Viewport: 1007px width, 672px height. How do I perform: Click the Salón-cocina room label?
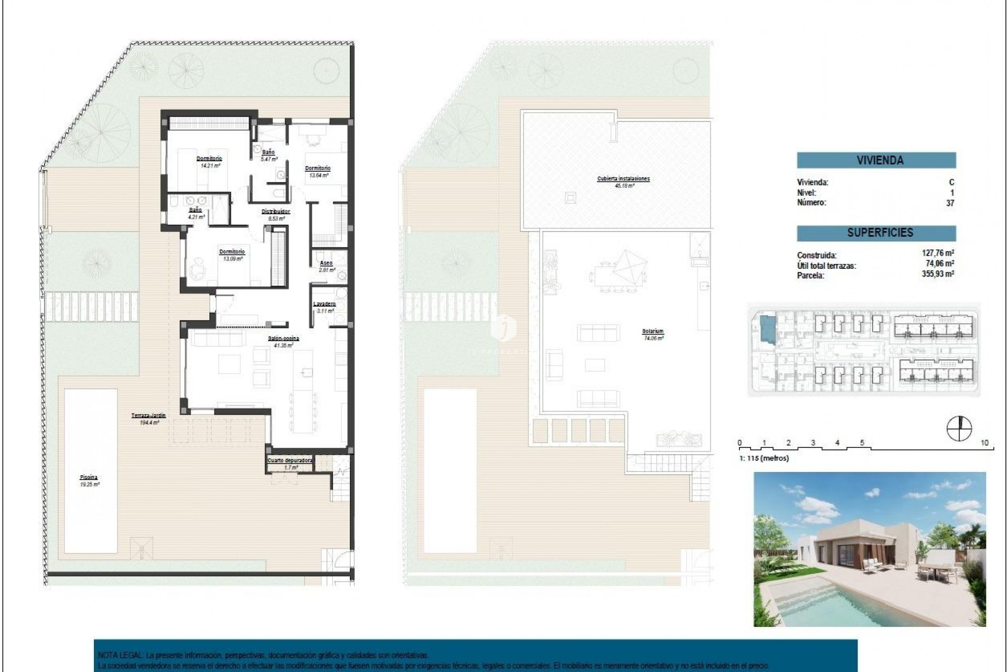click(x=284, y=339)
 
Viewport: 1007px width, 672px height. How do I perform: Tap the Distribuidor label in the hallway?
click(x=276, y=212)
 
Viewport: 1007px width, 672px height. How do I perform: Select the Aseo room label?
click(x=326, y=263)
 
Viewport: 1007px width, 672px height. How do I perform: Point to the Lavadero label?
click(x=324, y=304)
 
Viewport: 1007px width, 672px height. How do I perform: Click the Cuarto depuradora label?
click(x=290, y=460)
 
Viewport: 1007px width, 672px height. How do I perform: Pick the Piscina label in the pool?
click(x=89, y=477)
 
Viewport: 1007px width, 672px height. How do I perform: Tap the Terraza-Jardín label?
click(x=148, y=415)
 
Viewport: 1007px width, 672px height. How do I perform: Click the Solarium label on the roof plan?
click(x=652, y=331)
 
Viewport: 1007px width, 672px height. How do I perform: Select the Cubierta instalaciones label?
click(x=623, y=178)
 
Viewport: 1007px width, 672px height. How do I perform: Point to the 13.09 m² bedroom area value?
click(x=232, y=259)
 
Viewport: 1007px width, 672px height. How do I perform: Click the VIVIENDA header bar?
click(x=876, y=160)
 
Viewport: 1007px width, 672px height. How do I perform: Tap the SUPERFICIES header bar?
click(x=876, y=233)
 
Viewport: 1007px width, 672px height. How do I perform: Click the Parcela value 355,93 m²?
click(x=938, y=274)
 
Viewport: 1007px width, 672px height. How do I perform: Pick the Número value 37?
click(x=950, y=203)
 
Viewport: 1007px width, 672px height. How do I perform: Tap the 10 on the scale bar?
click(x=984, y=443)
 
